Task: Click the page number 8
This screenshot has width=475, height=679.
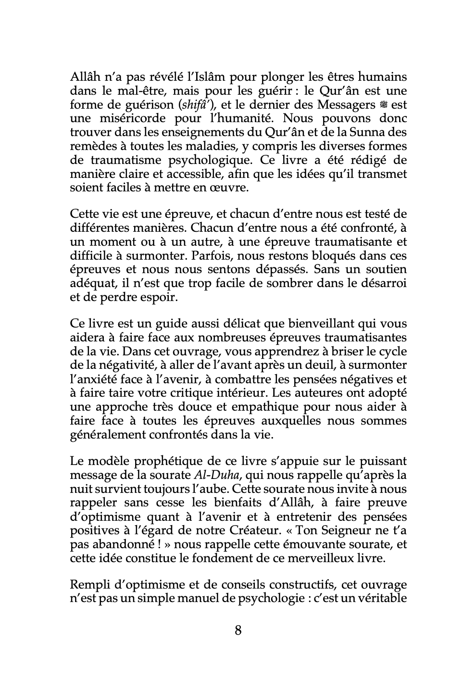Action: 237,630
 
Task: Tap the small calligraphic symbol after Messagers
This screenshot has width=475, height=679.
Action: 383,105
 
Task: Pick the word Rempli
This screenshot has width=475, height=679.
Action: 90,585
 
